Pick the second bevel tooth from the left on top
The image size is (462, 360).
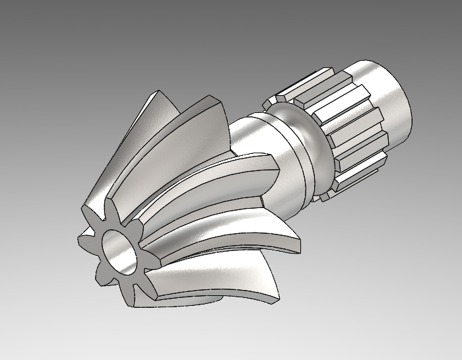click(x=191, y=126)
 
